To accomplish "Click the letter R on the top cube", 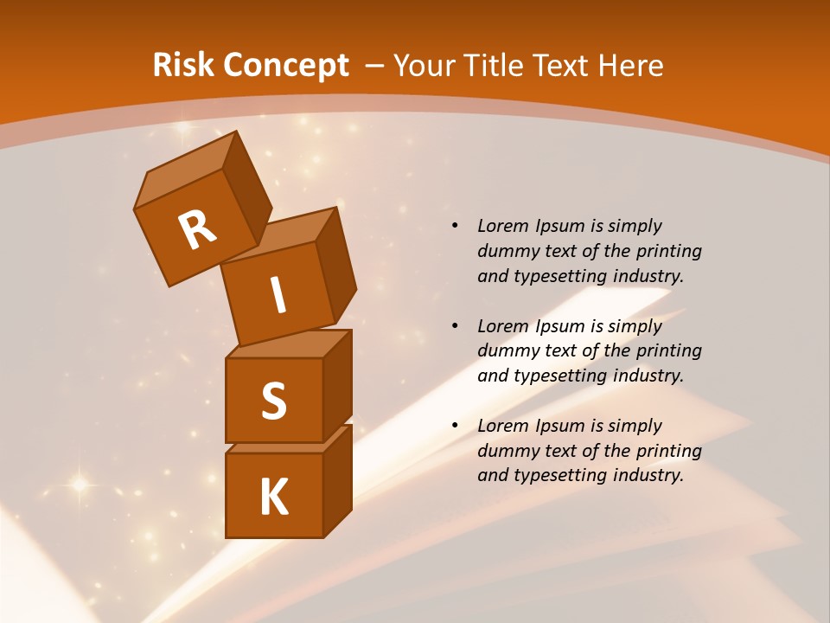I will (x=197, y=229).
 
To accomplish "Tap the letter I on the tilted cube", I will (x=278, y=296).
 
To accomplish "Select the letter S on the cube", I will (x=273, y=401).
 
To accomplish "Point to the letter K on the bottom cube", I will (x=273, y=498).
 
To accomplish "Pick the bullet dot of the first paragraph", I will (x=455, y=227).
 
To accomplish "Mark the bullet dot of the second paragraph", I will (x=455, y=327).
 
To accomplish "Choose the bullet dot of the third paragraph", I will (x=455, y=427).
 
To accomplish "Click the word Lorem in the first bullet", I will (x=501, y=226).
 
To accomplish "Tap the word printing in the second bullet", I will (x=668, y=351).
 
